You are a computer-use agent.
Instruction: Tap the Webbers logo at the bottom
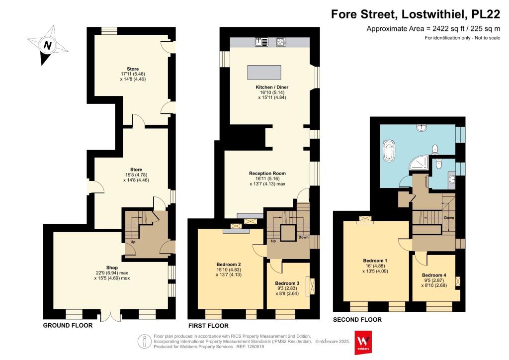363,342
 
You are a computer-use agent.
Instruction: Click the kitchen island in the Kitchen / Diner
265,72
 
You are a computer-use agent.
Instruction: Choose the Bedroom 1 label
375,261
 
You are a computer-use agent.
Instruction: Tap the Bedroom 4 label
434,275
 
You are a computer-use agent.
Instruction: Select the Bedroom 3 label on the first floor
287,283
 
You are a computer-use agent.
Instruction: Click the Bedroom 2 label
229,264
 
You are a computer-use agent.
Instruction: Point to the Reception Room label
267,174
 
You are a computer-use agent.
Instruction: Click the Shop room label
112,268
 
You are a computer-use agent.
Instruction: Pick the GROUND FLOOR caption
67,326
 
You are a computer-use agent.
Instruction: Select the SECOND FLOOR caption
357,320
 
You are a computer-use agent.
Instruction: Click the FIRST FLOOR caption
208,326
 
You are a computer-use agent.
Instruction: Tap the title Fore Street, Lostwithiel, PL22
415,14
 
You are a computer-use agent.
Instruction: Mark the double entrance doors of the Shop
114,315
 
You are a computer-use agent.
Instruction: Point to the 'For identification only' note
462,38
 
